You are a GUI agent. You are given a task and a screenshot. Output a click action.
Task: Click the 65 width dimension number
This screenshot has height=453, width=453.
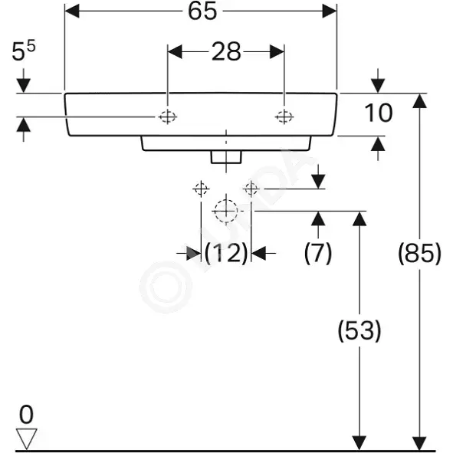202,11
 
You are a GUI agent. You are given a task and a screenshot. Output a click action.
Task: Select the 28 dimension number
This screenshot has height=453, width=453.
226,52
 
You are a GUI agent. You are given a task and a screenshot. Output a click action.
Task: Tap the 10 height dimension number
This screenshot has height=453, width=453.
379,113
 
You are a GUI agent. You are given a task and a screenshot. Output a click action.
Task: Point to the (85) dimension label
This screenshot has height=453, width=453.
420,254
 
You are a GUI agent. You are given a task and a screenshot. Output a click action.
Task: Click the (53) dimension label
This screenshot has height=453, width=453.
359,331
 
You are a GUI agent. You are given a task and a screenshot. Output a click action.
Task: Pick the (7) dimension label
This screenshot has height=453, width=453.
318,253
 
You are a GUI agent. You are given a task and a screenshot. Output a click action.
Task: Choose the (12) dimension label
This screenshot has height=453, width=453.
226,253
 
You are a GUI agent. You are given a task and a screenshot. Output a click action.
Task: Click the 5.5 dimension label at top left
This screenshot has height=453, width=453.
24,51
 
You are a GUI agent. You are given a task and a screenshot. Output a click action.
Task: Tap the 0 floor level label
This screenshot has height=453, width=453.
26,414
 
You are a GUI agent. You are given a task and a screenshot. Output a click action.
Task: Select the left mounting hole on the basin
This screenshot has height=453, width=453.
168,117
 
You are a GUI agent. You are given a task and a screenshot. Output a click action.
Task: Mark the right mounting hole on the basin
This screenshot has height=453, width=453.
284,117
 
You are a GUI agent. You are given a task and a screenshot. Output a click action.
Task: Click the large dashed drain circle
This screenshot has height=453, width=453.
226,212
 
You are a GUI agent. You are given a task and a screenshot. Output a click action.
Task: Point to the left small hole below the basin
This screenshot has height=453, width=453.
201,189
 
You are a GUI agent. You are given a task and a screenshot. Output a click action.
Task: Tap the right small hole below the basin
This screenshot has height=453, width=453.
251,189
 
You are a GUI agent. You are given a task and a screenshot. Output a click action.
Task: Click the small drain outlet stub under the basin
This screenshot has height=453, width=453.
226,157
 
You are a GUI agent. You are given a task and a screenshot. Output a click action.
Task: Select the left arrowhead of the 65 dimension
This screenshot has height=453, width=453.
72,11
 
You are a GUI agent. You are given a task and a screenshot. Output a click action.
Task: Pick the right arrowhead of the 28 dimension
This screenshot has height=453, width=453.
277,52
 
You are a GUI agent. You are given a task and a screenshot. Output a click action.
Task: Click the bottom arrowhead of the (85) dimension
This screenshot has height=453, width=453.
420,443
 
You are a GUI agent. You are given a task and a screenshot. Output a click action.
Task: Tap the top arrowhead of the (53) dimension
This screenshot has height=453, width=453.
359,218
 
